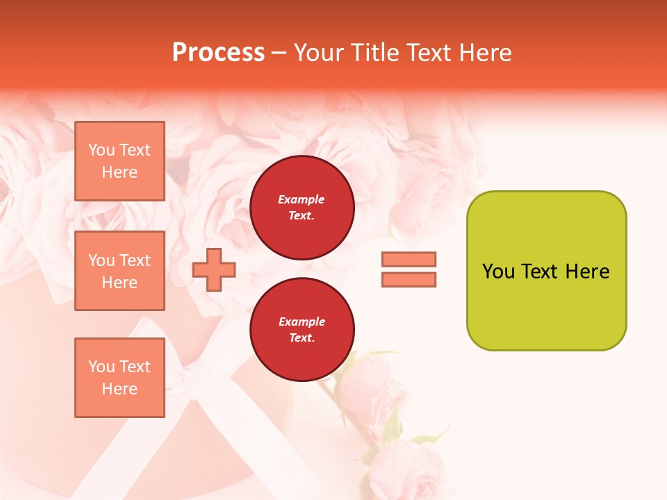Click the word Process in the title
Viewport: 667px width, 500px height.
(x=218, y=52)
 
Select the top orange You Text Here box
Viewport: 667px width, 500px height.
(x=120, y=161)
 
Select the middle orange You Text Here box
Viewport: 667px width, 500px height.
(x=120, y=271)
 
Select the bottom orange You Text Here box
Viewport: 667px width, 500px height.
(x=120, y=378)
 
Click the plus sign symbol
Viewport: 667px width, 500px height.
(x=214, y=270)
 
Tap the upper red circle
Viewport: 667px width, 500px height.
(x=302, y=208)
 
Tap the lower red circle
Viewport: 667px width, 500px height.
(x=302, y=330)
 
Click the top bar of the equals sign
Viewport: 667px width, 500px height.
(x=409, y=259)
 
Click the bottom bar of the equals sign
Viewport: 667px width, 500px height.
(x=409, y=279)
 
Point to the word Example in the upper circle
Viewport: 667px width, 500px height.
(x=301, y=199)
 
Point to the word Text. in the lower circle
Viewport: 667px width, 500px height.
(x=302, y=338)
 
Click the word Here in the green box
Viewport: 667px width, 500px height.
(x=587, y=272)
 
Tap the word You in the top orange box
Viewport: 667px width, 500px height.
(x=101, y=150)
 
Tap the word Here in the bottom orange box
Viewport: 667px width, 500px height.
(x=120, y=389)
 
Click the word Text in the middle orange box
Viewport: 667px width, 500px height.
(x=135, y=260)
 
